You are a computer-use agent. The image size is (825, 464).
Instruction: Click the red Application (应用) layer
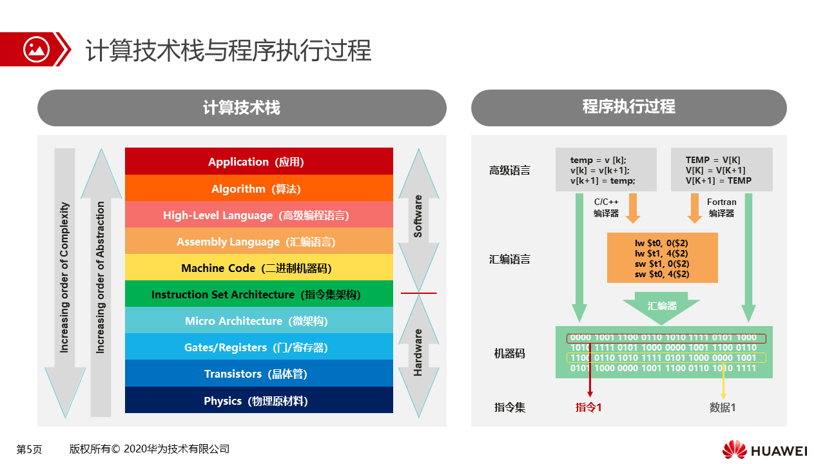tap(259, 161)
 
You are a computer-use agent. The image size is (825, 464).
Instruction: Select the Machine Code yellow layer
tap(259, 267)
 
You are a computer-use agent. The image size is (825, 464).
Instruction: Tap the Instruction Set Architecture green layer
tap(259, 294)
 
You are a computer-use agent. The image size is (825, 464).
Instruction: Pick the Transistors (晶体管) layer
tap(259, 373)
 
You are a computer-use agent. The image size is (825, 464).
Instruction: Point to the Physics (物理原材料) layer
tap(259, 400)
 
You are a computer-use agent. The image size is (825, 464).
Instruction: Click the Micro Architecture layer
tap(259, 320)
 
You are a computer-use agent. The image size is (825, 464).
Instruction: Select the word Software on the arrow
tap(418, 216)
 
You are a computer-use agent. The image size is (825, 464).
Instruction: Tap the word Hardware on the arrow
tap(418, 353)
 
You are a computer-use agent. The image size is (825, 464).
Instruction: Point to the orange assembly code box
tap(662, 258)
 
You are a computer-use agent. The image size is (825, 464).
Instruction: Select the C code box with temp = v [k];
tap(606, 169)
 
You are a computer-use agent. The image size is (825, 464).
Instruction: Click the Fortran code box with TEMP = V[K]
tap(721, 169)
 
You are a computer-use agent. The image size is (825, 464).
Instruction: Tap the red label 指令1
tap(588, 407)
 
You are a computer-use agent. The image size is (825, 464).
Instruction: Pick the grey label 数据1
tap(723, 407)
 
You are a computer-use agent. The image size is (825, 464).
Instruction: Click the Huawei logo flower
tap(734, 449)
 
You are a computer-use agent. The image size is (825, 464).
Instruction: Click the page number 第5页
tap(29, 449)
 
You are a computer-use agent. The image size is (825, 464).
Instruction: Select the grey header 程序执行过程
tap(628, 108)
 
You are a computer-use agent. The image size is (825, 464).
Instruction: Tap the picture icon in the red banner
tap(36, 50)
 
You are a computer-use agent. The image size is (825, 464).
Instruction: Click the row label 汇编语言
tap(509, 259)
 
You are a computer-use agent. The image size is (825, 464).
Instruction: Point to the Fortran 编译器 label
tap(721, 208)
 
